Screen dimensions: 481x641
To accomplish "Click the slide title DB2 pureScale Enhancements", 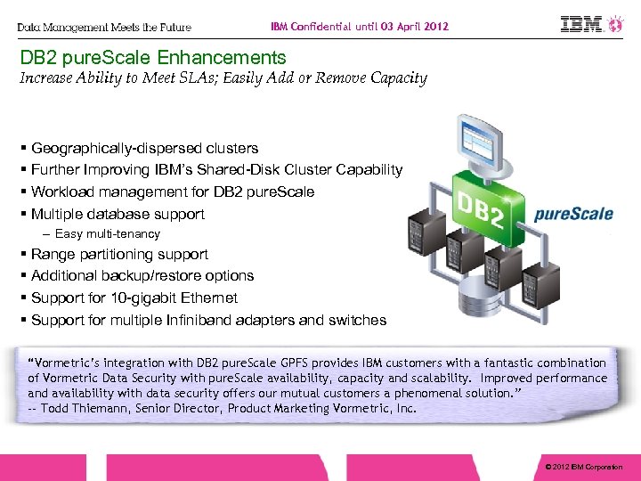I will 153,58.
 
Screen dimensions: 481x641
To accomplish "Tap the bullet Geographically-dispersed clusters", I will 144,148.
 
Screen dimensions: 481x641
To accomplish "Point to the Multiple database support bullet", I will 118,214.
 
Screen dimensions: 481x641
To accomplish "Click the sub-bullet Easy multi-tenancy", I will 107,234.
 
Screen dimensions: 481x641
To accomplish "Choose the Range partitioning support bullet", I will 119,254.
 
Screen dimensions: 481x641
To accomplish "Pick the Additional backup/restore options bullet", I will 142,276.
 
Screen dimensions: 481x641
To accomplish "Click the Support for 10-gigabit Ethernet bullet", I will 134,298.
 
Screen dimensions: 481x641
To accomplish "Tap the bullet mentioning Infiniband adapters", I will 208,320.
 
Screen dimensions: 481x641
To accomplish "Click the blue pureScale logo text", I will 573,214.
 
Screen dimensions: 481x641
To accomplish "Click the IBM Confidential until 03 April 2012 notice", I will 360,27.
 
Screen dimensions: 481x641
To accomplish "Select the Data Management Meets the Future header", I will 104,28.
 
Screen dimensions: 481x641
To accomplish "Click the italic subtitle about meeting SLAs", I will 223,78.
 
